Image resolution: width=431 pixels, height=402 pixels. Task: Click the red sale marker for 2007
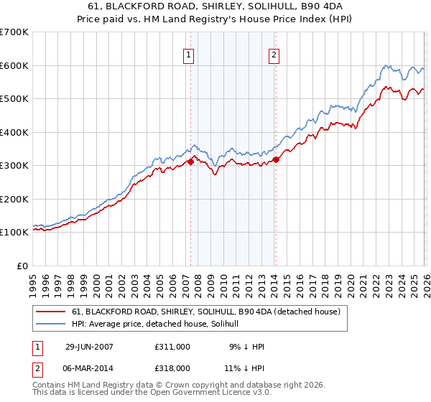click(190, 162)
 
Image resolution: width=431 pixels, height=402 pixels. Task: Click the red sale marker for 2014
click(276, 159)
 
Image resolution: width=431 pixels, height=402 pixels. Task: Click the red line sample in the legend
click(52, 312)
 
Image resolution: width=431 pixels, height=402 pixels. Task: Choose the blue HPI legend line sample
click(52, 324)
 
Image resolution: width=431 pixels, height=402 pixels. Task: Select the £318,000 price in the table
click(172, 368)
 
